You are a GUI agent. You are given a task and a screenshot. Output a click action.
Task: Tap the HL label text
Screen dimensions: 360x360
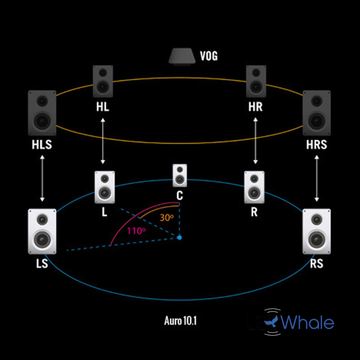point(102,107)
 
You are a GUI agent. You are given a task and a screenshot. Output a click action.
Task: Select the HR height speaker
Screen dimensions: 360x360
point(256,81)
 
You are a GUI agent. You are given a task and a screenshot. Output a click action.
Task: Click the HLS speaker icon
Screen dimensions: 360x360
point(42,112)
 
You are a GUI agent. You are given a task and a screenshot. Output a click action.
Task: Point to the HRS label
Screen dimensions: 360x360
point(317,145)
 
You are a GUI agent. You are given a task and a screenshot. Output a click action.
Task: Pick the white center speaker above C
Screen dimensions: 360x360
point(180,175)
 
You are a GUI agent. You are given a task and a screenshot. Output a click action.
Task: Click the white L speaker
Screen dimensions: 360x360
point(104,187)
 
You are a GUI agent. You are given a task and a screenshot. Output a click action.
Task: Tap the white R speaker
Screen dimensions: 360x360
point(254,187)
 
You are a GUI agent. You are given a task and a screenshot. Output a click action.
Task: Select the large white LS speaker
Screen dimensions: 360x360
point(42,231)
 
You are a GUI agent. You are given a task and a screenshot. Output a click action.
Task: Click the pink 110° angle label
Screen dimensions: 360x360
point(137,231)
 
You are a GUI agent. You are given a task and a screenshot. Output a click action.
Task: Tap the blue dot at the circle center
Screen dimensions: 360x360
point(179,238)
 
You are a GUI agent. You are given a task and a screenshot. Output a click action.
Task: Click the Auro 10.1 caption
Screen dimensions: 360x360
point(180,321)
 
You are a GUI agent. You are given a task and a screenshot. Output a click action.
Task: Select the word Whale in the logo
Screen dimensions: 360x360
point(309,323)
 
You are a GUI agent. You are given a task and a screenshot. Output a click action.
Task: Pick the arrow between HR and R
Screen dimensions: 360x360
point(256,141)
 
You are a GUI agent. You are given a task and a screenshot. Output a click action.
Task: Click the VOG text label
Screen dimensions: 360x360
point(208,56)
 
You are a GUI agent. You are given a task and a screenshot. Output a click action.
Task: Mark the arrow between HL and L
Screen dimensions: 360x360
point(102,141)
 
